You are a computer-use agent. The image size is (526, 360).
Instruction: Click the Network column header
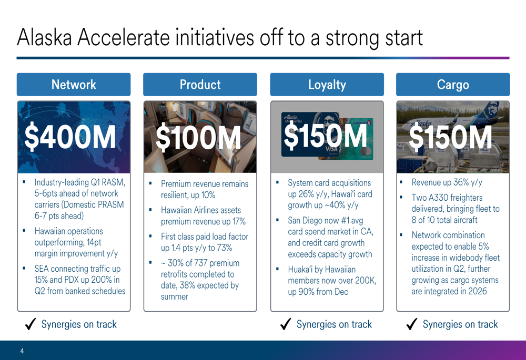(74, 85)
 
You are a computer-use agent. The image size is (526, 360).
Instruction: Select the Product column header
(200, 85)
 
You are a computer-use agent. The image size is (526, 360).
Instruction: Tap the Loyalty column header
(327, 85)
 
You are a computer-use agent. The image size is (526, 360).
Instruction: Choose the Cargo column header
(453, 85)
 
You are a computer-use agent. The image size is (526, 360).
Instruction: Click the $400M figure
(70, 137)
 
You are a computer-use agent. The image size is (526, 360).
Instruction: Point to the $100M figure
(198, 137)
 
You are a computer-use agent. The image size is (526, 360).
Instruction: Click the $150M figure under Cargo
(451, 137)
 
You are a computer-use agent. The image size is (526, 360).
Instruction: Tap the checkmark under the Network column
(31, 324)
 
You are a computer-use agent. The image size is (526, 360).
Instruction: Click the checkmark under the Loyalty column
(286, 324)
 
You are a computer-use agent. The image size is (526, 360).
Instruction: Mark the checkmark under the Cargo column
(412, 324)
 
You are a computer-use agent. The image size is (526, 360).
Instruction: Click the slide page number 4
(22, 351)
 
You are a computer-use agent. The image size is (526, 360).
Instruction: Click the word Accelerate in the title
(124, 37)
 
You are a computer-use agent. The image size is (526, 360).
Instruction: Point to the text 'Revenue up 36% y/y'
(447, 182)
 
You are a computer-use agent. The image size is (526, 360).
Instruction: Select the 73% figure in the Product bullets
(225, 248)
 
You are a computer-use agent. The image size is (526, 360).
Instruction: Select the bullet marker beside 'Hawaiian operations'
(24, 231)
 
